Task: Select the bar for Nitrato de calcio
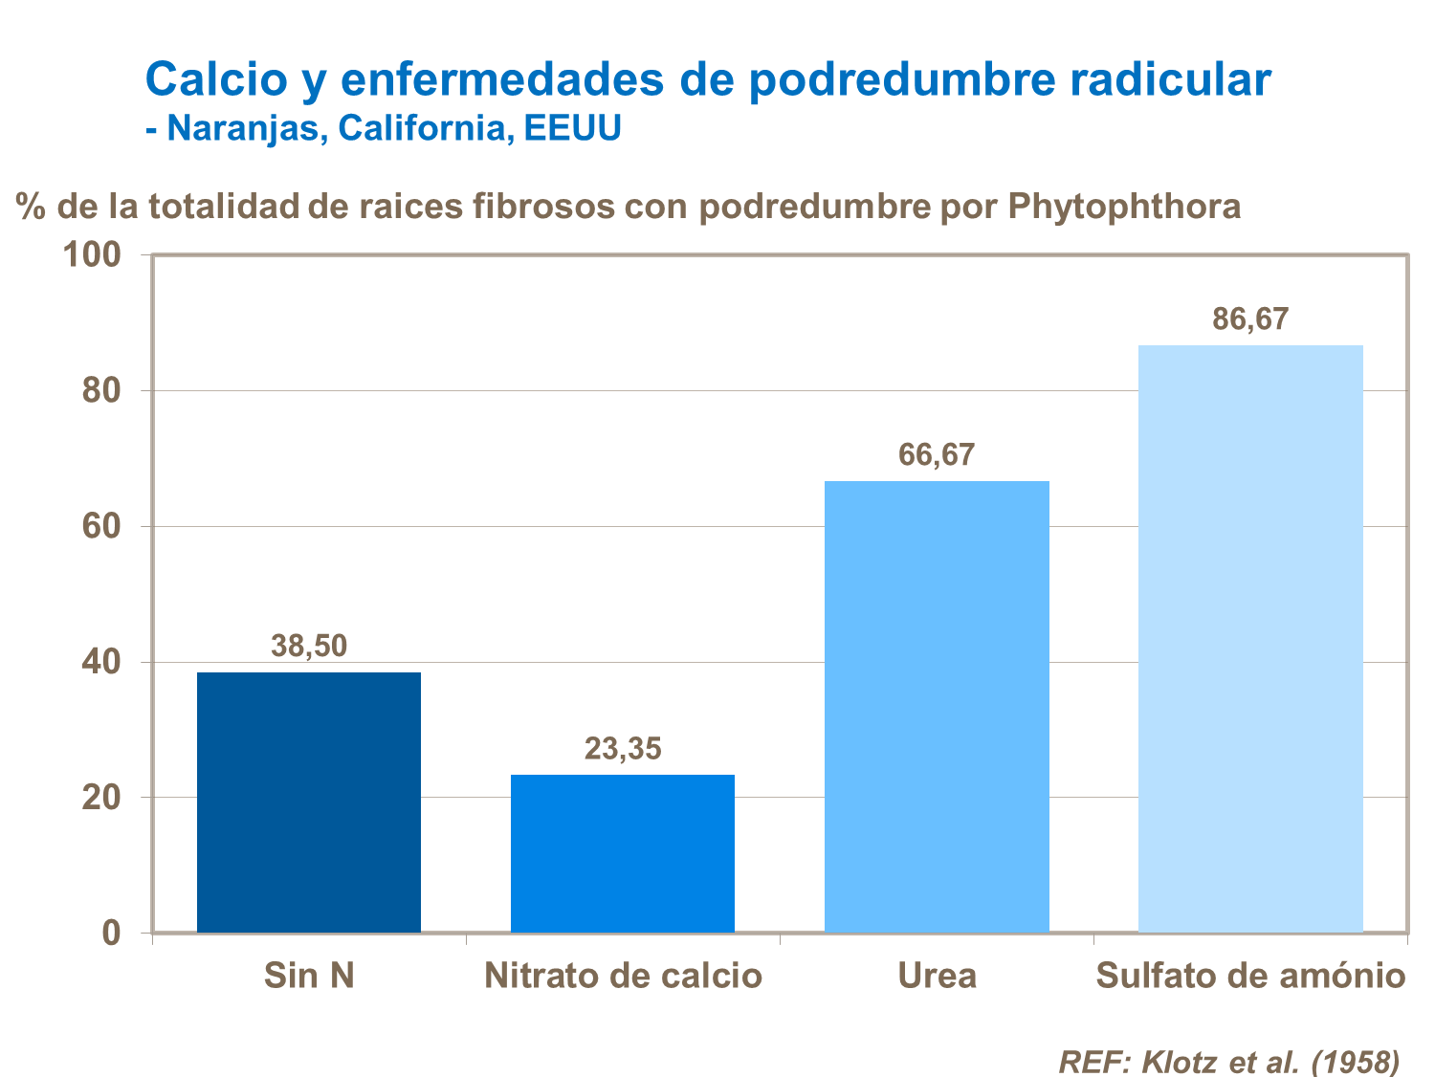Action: [622, 853]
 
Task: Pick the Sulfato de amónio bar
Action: [1250, 638]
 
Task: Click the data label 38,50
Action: [308, 646]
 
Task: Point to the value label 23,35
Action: [623, 748]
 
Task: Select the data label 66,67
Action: [937, 454]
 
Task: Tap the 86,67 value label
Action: [1250, 319]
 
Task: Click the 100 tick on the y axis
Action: [92, 254]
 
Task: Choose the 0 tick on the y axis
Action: [111, 933]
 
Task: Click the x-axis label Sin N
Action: [309, 976]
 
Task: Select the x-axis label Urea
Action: [937, 976]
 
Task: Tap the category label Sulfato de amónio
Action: [1250, 976]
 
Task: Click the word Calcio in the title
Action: [216, 78]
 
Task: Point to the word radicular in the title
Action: [1170, 78]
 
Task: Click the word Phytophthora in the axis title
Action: [1124, 206]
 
